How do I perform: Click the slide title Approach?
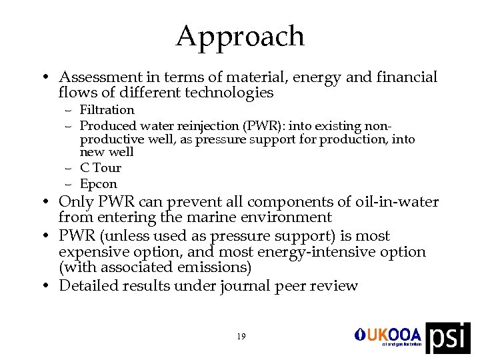tap(240, 36)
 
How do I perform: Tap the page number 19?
tap(241, 337)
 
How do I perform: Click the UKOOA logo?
tap(389, 335)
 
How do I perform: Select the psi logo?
tap(447, 338)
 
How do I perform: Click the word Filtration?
tap(107, 109)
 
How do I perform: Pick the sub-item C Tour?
tap(100, 168)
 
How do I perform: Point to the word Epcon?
tap(98, 184)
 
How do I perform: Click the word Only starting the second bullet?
tap(75, 201)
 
